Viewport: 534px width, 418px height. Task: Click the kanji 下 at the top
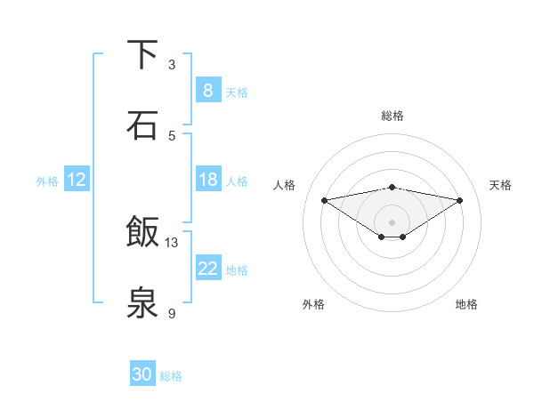(142, 55)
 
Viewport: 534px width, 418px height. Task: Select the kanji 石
(142, 125)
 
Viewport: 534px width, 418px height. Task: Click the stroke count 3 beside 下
(172, 64)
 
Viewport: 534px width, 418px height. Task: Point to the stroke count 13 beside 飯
(172, 242)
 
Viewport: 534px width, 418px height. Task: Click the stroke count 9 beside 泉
(172, 313)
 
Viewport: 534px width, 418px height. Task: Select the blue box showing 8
(207, 91)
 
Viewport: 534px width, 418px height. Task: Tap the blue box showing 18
(207, 180)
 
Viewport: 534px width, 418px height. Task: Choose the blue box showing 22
(207, 269)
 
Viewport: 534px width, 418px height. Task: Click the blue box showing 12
(77, 180)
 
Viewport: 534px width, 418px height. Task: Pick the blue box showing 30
(142, 374)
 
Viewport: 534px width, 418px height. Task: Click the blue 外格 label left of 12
(47, 181)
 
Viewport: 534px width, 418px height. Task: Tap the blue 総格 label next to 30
(172, 376)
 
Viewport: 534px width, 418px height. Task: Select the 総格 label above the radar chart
(392, 116)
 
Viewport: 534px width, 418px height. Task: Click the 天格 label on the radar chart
(500, 185)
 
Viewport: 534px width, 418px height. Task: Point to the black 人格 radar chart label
(285, 185)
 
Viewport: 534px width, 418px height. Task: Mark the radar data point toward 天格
(460, 200)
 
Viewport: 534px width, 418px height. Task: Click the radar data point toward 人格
(325, 200)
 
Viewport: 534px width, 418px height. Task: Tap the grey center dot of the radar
(392, 221)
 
